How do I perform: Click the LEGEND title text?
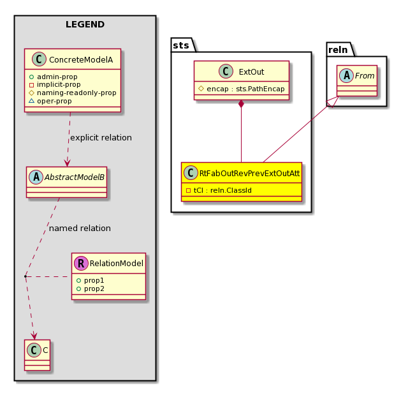[85, 24]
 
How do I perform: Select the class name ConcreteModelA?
[81, 60]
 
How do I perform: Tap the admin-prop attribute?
[57, 77]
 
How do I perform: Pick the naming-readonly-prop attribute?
[76, 93]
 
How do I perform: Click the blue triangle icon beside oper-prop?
[31, 101]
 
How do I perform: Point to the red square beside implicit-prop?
[31, 85]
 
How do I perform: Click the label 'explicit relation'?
[101, 137]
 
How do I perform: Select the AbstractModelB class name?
[75, 177]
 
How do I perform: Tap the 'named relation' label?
[80, 228]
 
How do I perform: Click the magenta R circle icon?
[81, 264]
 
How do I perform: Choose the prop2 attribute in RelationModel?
[94, 288]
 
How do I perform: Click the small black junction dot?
[25, 276]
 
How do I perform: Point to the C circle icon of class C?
[34, 350]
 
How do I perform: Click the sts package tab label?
[181, 45]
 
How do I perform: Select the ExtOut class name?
[251, 72]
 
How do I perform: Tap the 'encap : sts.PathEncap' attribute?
[245, 89]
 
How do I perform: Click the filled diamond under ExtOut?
[241, 103]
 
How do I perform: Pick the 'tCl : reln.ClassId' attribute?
[222, 190]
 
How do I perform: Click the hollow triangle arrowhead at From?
[333, 102]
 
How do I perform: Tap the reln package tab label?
[338, 50]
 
